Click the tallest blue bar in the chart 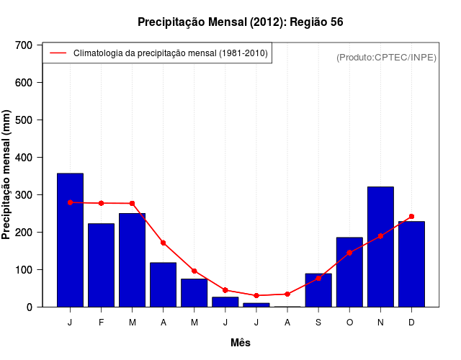70,240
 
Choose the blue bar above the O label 349,272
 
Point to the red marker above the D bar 411,216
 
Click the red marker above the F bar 101,203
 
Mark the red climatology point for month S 318,278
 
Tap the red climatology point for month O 349,253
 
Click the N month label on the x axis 380,323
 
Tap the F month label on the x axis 101,323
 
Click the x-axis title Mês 241,343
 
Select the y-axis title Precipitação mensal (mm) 8,175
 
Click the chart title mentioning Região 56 241,22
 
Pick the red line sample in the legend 58,53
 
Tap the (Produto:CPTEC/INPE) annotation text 386,57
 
